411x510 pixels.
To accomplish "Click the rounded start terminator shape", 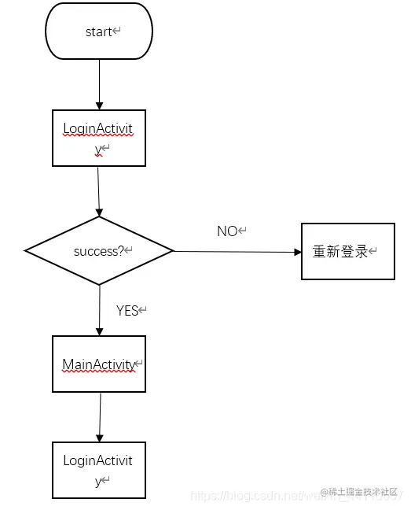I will pos(99,31).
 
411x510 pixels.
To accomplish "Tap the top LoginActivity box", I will pos(99,138).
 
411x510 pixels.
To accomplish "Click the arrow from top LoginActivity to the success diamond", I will pos(98,191).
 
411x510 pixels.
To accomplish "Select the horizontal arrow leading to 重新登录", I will pos(236,252).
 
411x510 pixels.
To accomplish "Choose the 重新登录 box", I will pos(348,252).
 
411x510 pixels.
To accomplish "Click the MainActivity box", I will pos(99,364).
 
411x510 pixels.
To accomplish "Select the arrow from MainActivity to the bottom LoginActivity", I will pos(100,417).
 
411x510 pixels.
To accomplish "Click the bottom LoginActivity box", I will pos(99,470).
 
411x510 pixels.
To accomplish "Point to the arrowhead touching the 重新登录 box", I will pos(298,253).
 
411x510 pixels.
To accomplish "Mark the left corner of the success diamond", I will pos(26,251).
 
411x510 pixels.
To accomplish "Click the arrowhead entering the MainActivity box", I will pos(100,331).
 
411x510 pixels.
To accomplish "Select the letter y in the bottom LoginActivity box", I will pos(98,481).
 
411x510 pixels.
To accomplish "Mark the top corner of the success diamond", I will pos(99,218).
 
